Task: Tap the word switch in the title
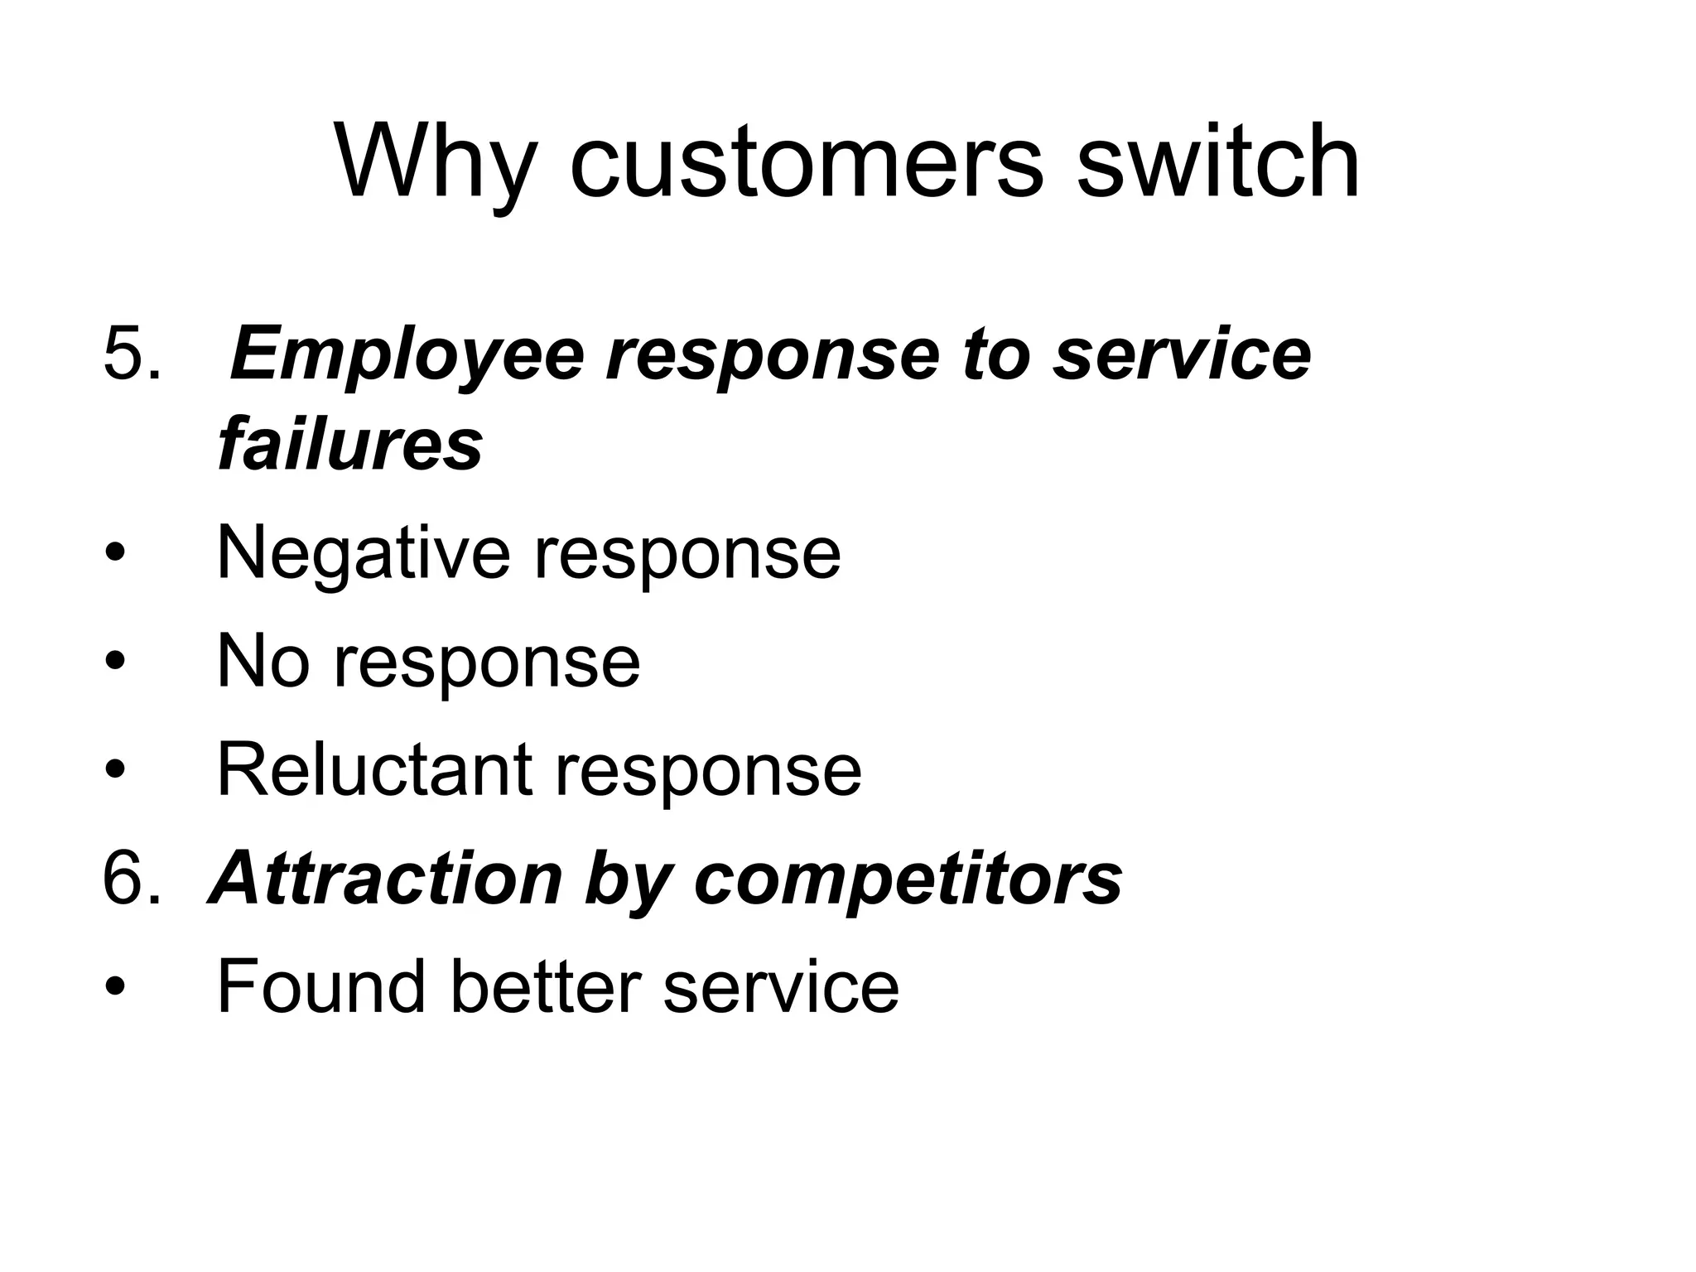click(x=1217, y=161)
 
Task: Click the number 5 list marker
click(x=132, y=354)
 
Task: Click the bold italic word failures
click(x=350, y=444)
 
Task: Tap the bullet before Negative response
click(x=116, y=552)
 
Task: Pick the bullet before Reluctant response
click(x=116, y=769)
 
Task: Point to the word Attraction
click(x=386, y=879)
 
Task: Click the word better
click(x=546, y=986)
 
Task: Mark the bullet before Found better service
click(x=116, y=986)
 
